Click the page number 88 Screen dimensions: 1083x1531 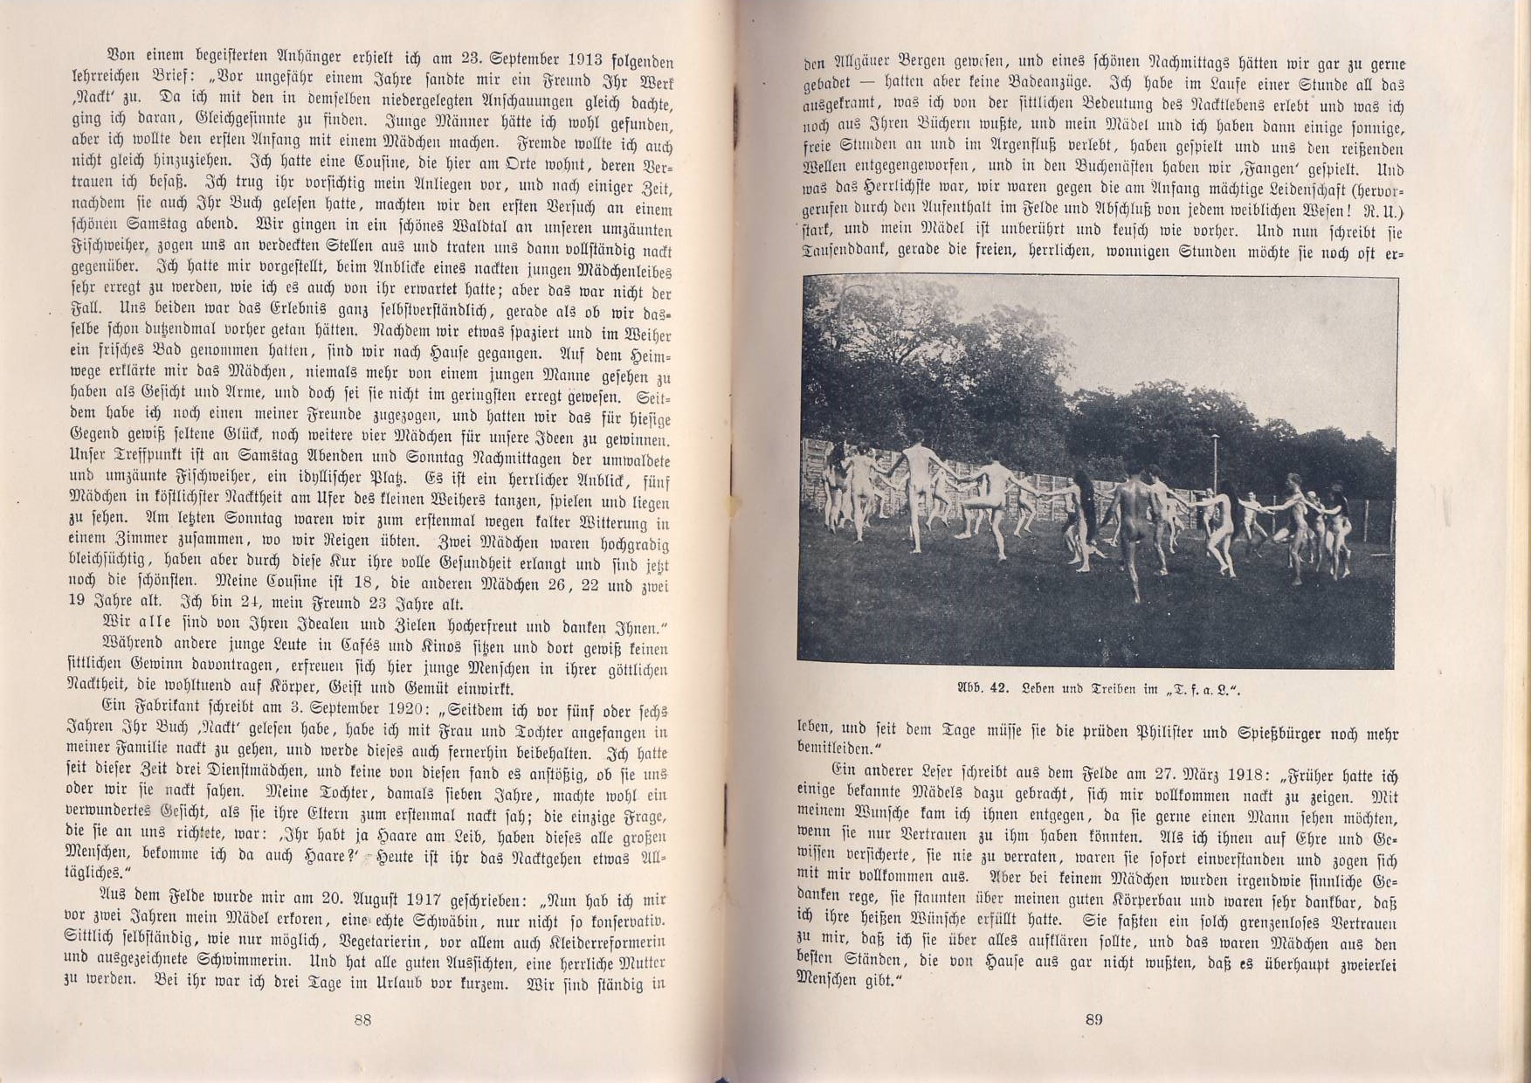[x=363, y=1019]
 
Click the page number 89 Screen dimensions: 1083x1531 [x=1094, y=1019]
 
